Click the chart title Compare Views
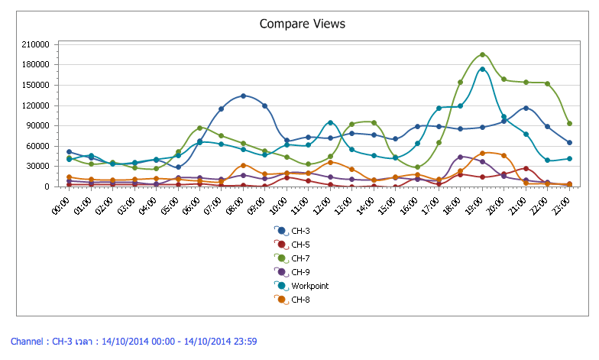302,24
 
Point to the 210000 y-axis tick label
37,44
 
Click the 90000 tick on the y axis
39,125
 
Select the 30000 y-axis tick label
39,166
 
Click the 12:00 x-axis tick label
324,203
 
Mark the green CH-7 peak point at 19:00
482,54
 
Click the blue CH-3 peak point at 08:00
243,96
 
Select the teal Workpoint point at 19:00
482,69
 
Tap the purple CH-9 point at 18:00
461,157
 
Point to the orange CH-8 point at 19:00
482,153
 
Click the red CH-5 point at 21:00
526,168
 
